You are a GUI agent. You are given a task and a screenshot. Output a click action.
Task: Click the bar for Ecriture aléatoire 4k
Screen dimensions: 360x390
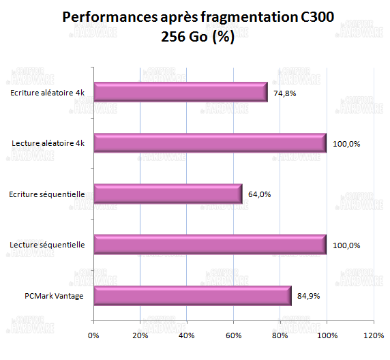pos(180,92)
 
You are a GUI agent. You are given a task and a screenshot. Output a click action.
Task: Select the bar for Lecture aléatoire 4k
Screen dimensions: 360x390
pos(209,143)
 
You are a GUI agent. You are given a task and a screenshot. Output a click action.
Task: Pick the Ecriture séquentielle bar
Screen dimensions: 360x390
pos(168,194)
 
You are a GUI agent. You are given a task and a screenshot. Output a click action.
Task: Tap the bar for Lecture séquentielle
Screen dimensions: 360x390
pos(209,245)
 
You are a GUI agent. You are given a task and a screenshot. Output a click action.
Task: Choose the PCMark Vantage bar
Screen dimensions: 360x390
pos(192,296)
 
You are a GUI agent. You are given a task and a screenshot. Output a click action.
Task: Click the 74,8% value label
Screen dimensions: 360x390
pos(284,93)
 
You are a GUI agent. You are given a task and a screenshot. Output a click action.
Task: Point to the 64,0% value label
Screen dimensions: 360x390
pos(260,194)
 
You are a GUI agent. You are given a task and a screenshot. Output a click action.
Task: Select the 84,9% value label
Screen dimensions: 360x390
pos(308,297)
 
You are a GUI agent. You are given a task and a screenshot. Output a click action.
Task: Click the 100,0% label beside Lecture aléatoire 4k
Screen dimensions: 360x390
pos(346,144)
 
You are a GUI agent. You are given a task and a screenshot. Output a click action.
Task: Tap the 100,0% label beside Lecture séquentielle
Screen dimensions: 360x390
pos(346,245)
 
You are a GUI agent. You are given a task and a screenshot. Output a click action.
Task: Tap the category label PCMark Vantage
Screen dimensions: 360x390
pos(53,296)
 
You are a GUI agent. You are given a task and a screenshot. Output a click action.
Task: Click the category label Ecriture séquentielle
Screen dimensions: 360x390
pos(48,194)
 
